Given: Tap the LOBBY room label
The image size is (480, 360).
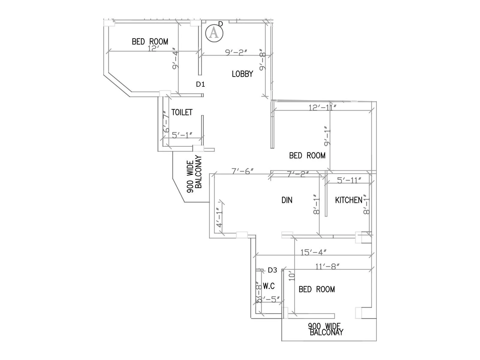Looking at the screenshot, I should point(242,74).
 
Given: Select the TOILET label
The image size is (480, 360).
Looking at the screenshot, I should point(182,112).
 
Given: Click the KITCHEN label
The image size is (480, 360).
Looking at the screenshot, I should point(349,200).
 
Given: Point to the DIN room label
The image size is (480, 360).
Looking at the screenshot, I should point(287,200).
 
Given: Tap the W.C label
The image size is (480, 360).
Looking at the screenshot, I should point(269,286).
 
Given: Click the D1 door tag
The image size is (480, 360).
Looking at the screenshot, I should point(200,84).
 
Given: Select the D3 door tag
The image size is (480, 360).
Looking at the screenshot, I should point(272,270).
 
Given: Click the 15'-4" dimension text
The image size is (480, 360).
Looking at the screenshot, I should point(313,252).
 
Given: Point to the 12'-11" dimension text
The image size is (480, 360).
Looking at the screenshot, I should point(322,107).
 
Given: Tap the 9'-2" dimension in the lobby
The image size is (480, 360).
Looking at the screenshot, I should point(236,52).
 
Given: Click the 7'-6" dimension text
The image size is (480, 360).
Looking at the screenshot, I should point(243,171).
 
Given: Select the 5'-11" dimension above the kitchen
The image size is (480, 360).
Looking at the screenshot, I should point(349,180).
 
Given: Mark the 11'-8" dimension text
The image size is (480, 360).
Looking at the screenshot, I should point(327,266).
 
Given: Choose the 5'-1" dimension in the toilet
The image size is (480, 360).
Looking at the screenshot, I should point(182,135).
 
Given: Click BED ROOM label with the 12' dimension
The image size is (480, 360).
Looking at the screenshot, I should point(150,41).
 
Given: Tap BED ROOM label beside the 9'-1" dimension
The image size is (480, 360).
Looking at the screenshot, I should point(307,155).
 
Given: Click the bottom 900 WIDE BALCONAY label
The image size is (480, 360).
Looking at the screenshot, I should point(326,329).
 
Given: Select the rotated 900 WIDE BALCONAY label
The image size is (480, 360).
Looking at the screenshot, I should point(194,174).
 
